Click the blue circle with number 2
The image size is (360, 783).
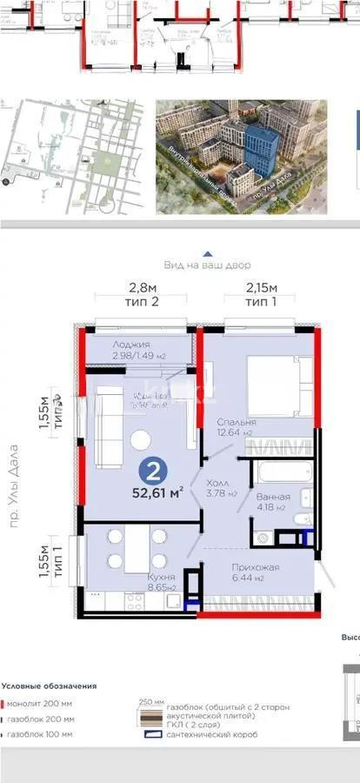click(153, 473)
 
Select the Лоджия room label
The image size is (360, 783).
click(131, 344)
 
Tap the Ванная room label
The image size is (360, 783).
click(274, 498)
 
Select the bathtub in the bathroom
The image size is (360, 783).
click(276, 474)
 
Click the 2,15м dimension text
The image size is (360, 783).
click(261, 288)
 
